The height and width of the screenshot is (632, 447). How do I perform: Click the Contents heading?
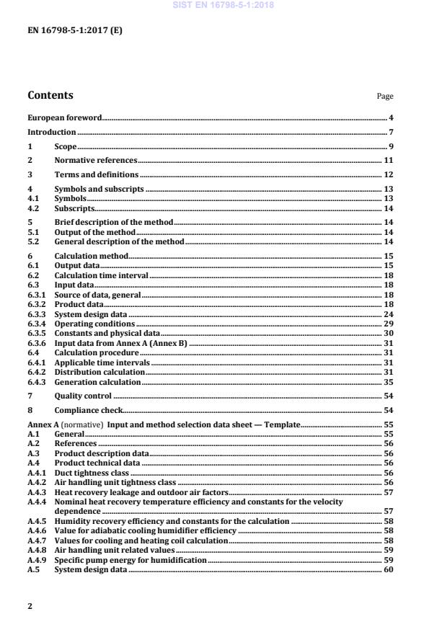pos(50,95)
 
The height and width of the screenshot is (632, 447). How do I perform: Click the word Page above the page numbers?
pos(385,97)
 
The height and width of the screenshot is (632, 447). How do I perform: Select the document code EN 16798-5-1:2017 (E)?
pos(69,30)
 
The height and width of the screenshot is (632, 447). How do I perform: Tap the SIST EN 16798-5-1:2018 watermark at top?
pos(223,5)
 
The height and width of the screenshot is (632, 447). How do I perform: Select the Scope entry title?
pos(66,147)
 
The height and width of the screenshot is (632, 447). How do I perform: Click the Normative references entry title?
pos(96,161)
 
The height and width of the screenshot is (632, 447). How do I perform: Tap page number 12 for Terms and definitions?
pos(388,175)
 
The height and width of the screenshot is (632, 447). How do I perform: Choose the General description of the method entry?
pos(120,241)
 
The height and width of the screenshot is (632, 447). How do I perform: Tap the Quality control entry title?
pos(83,396)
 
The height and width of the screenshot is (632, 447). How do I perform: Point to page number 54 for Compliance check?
pos(388,410)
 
